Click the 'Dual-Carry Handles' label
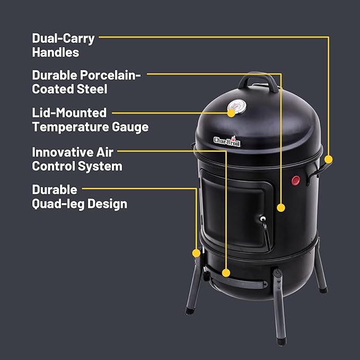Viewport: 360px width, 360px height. (63, 45)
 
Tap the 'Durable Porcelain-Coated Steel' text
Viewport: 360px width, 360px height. (86, 82)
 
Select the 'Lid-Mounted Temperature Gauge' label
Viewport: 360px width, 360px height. (90, 120)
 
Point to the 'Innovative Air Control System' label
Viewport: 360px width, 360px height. (77, 159)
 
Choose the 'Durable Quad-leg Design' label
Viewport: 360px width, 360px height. (80, 196)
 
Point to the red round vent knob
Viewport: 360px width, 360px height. (296, 181)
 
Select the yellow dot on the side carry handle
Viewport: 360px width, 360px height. (328, 159)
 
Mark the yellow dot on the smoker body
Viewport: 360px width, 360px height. (280, 208)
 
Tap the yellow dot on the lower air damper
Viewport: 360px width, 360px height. (226, 273)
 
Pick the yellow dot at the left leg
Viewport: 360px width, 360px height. (197, 252)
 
